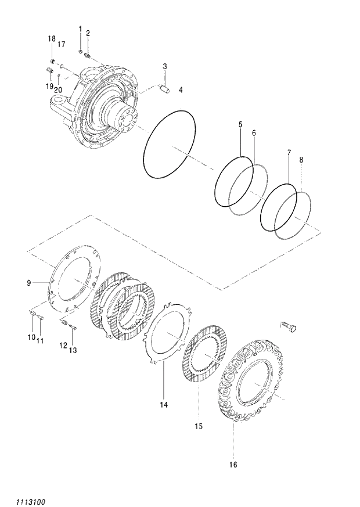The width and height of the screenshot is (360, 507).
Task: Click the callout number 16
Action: click(x=233, y=464)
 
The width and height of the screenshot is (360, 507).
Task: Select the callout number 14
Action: click(x=164, y=404)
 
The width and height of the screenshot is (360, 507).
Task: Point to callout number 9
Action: click(x=28, y=283)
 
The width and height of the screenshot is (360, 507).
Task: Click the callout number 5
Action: click(x=239, y=125)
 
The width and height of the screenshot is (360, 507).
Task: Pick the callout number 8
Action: click(x=254, y=133)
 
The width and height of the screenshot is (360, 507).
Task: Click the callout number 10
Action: click(x=30, y=337)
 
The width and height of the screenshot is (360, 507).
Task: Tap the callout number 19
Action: click(x=49, y=85)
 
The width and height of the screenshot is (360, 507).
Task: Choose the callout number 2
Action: click(x=88, y=33)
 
